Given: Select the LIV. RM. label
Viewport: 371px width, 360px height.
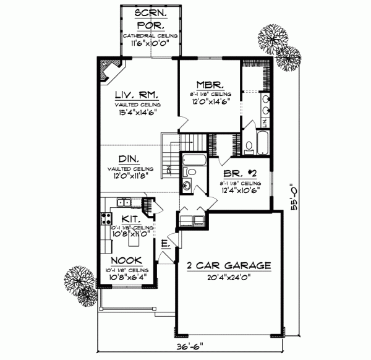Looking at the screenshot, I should [x=137, y=96].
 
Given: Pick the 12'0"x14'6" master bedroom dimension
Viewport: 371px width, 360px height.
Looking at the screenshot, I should [x=207, y=102].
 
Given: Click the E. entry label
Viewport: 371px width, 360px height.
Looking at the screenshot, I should [x=165, y=244].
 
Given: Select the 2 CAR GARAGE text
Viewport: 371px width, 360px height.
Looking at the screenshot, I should [x=229, y=266].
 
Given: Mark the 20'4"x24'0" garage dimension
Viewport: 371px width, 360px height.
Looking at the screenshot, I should [x=229, y=278].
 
